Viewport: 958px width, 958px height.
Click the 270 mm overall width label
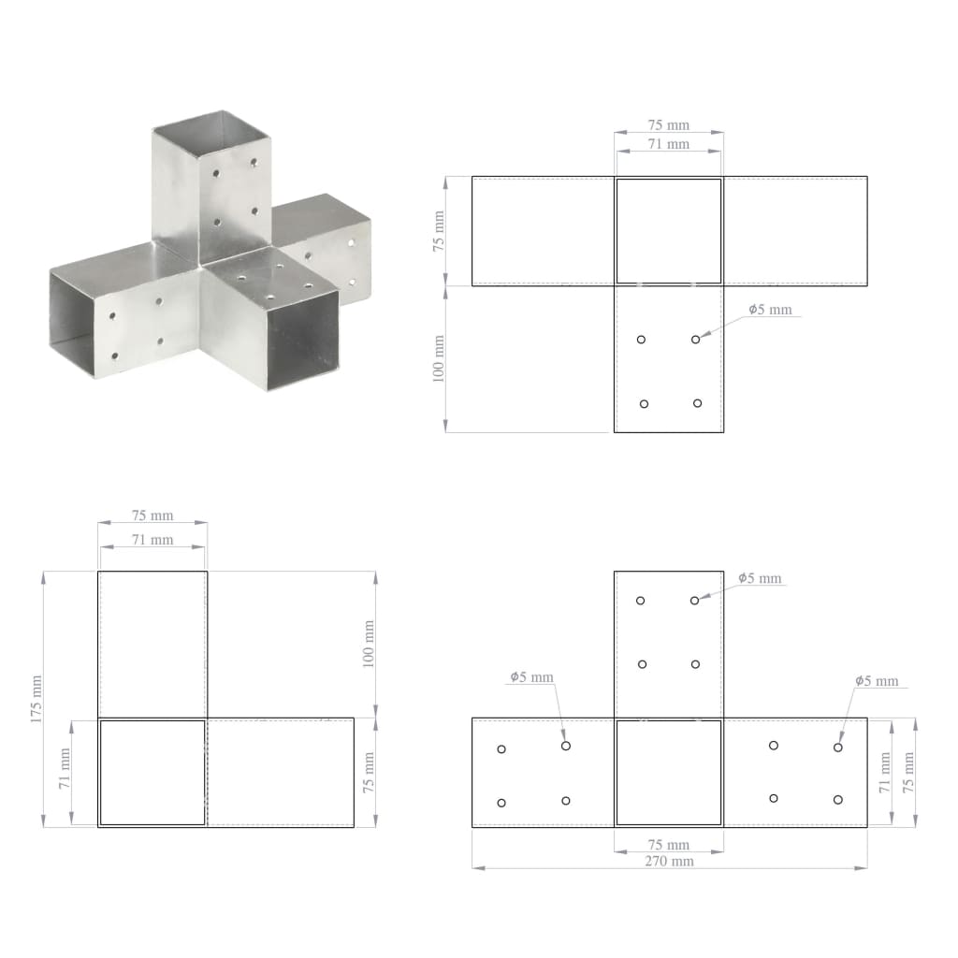click(x=668, y=861)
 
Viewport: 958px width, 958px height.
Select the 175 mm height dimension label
click(x=35, y=699)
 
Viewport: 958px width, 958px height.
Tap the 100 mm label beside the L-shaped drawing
click(x=368, y=644)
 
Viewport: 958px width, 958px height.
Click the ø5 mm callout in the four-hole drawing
click(x=771, y=310)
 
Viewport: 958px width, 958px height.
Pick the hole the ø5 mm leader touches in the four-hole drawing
click(x=695, y=340)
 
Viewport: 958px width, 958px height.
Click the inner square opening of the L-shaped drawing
click(x=152, y=772)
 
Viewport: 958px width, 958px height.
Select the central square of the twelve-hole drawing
click(x=668, y=772)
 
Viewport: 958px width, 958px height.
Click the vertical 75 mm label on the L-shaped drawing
click(x=368, y=773)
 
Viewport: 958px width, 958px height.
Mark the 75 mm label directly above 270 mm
click(x=668, y=845)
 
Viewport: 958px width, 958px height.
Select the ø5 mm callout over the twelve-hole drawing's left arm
click(x=531, y=677)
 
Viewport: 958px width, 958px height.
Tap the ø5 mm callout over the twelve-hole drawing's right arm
click(x=877, y=681)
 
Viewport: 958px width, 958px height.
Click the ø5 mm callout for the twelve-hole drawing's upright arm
click(x=759, y=578)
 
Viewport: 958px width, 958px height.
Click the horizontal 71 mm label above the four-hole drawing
click(x=668, y=144)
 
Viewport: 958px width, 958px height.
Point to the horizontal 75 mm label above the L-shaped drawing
click(x=152, y=515)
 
